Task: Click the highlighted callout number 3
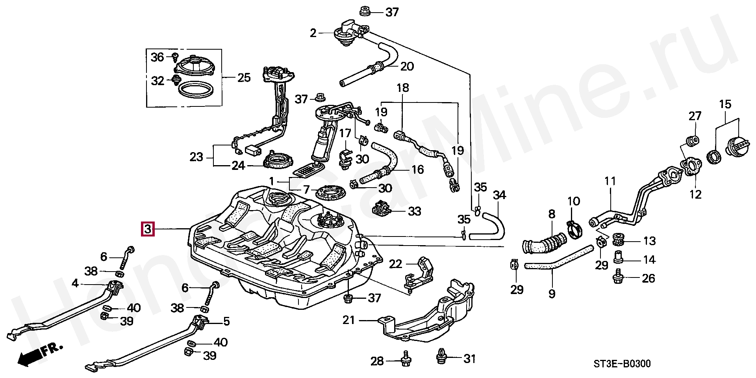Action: (147, 229)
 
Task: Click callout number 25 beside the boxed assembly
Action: (244, 77)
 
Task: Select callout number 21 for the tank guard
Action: (349, 320)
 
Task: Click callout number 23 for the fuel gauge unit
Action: (196, 157)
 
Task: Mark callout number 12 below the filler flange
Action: (696, 194)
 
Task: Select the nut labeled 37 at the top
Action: (365, 11)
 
